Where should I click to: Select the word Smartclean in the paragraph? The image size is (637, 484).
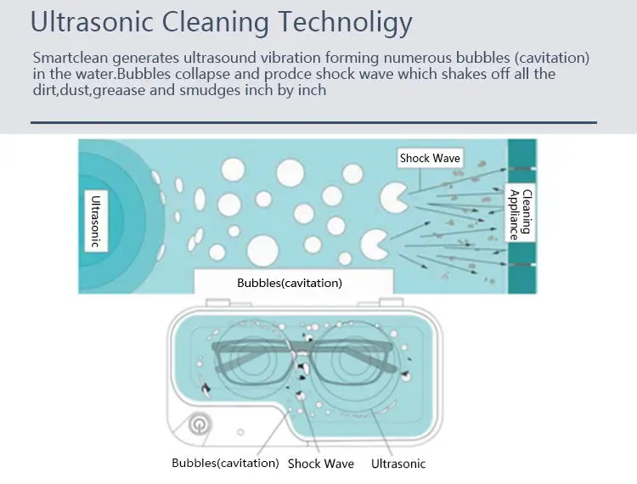[x=70, y=59]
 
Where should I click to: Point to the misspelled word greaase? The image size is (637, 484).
[x=124, y=90]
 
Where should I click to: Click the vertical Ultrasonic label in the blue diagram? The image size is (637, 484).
[x=96, y=220]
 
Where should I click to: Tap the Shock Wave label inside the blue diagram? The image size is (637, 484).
[x=430, y=158]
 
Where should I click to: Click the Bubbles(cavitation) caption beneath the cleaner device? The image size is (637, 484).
[x=225, y=463]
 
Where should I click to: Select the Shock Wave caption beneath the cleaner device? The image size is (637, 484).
[x=321, y=464]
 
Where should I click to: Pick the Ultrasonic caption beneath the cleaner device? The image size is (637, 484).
[x=398, y=464]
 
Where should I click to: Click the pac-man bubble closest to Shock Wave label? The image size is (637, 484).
[x=392, y=196]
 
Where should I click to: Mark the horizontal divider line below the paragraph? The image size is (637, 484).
[x=313, y=122]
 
